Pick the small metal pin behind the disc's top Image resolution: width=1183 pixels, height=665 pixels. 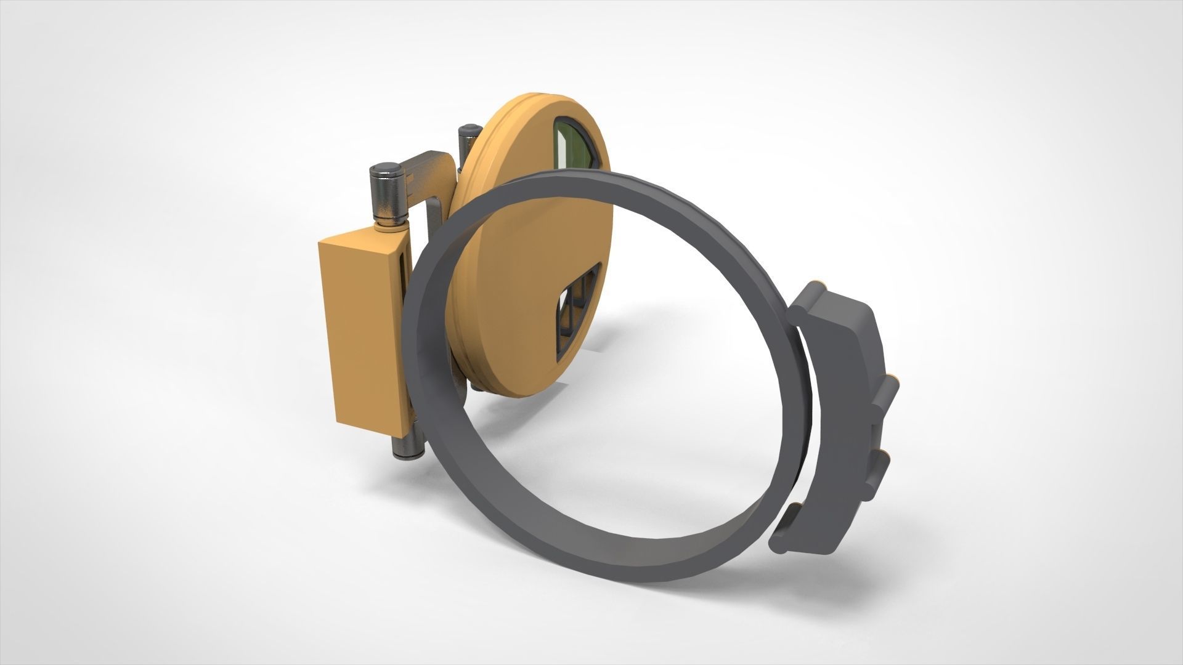coord(468,140)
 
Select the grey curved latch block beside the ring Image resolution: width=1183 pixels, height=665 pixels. coord(845,394)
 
